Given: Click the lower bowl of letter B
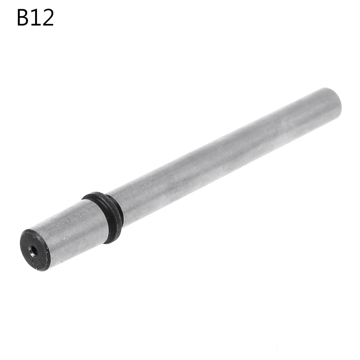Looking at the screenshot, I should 26,22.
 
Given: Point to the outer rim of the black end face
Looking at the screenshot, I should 23,243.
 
